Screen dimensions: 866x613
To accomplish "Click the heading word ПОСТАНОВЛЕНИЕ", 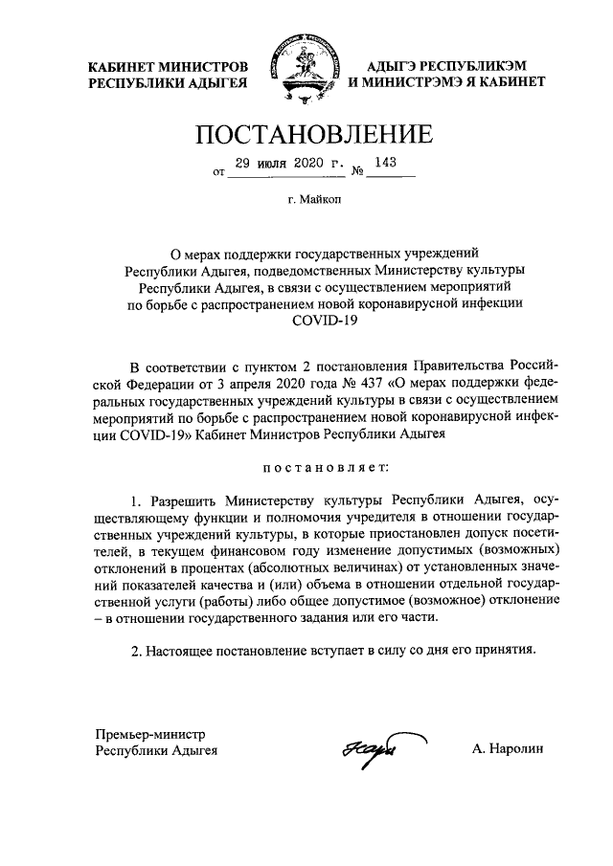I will [306, 135].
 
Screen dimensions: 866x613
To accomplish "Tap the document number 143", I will [386, 163].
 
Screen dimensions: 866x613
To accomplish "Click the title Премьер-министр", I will [149, 734].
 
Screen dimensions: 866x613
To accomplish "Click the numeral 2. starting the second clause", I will [135, 652].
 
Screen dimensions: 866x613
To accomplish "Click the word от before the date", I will [219, 174].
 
